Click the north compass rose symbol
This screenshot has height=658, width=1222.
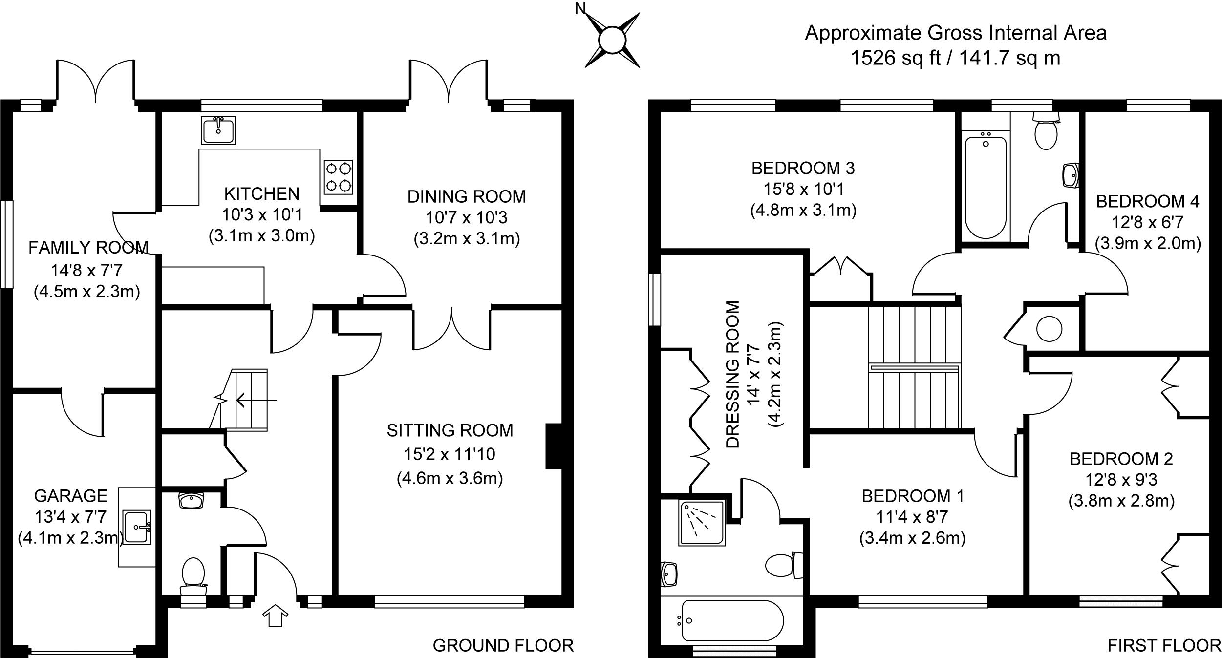coord(612,40)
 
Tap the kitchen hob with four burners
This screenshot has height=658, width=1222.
coord(338,177)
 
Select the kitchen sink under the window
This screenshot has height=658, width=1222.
coord(218,130)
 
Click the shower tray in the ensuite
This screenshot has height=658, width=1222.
coord(702,523)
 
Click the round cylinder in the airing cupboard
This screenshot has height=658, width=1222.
coord(1049,329)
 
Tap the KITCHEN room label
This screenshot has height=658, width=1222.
coord(261,194)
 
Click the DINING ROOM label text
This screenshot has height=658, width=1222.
coord(467,196)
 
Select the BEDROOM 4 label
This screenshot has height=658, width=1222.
coord(1147,201)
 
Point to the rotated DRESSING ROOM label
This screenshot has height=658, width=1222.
coord(733,374)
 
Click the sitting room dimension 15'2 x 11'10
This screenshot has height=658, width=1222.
coord(450,454)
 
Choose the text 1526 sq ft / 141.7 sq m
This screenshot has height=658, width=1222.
coord(955,58)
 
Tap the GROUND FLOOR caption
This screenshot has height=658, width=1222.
coord(503,646)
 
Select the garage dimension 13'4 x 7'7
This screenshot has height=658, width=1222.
coord(71,516)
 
